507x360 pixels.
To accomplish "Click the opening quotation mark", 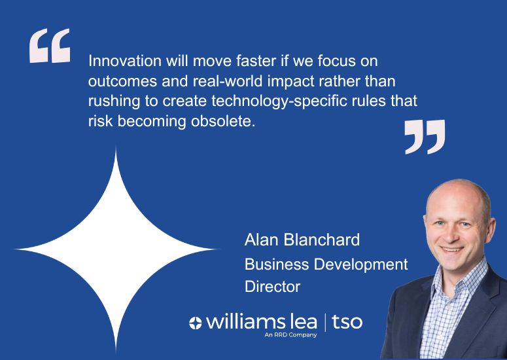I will pos(49,46).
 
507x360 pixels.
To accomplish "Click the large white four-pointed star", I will pos(116,249).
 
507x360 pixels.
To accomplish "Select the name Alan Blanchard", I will pos(302,240).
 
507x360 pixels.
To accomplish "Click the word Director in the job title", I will pos(272,287).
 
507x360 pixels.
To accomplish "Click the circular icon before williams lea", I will pos(196,323).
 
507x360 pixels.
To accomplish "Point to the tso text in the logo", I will pos(347,321).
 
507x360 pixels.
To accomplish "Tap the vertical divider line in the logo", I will pos(325,321).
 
